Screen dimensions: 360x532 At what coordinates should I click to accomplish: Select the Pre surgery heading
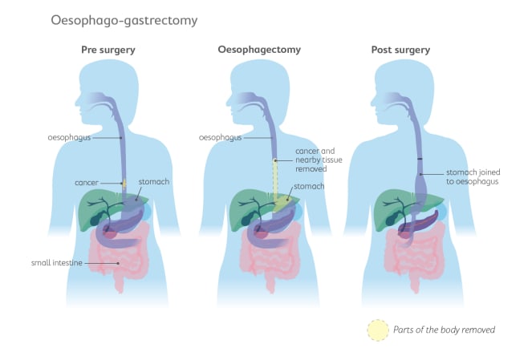[108, 50]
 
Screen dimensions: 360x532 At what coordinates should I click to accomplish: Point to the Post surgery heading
[400, 50]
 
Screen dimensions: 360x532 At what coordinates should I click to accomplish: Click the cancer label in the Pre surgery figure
[86, 183]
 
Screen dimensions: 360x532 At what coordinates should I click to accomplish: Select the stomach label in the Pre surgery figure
[154, 182]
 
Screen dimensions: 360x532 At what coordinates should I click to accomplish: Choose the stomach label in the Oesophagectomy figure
[308, 187]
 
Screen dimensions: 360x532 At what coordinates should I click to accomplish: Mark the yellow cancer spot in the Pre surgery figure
[123, 184]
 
